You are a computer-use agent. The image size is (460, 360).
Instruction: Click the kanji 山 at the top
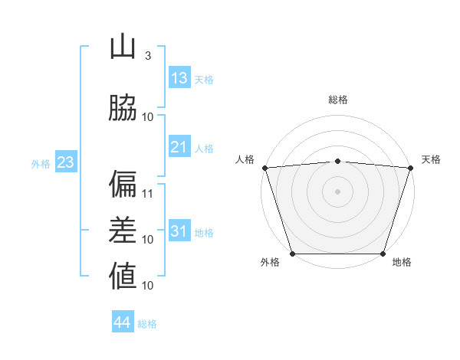point(123,47)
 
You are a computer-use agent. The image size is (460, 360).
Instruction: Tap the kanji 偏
point(123,184)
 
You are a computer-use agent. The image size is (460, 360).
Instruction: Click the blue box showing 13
point(179,78)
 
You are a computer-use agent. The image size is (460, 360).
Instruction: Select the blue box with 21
point(179,147)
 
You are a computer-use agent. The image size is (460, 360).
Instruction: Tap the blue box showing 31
point(179,231)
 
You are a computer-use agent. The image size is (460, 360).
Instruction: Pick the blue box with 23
point(65,162)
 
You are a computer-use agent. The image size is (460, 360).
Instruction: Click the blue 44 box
point(123,322)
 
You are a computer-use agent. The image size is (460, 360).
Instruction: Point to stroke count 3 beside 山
point(147,56)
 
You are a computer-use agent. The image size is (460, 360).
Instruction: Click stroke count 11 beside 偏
point(148,194)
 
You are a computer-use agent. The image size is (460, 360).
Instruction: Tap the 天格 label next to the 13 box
point(204,80)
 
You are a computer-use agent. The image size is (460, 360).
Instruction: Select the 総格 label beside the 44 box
point(147,324)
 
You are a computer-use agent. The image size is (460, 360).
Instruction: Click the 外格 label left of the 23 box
point(41,164)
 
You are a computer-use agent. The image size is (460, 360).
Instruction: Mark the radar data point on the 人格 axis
point(264,168)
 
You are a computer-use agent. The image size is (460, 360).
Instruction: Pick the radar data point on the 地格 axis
point(383,254)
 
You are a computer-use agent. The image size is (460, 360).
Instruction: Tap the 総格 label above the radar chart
point(337,100)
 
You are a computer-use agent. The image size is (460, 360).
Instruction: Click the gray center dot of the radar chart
point(337,191)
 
